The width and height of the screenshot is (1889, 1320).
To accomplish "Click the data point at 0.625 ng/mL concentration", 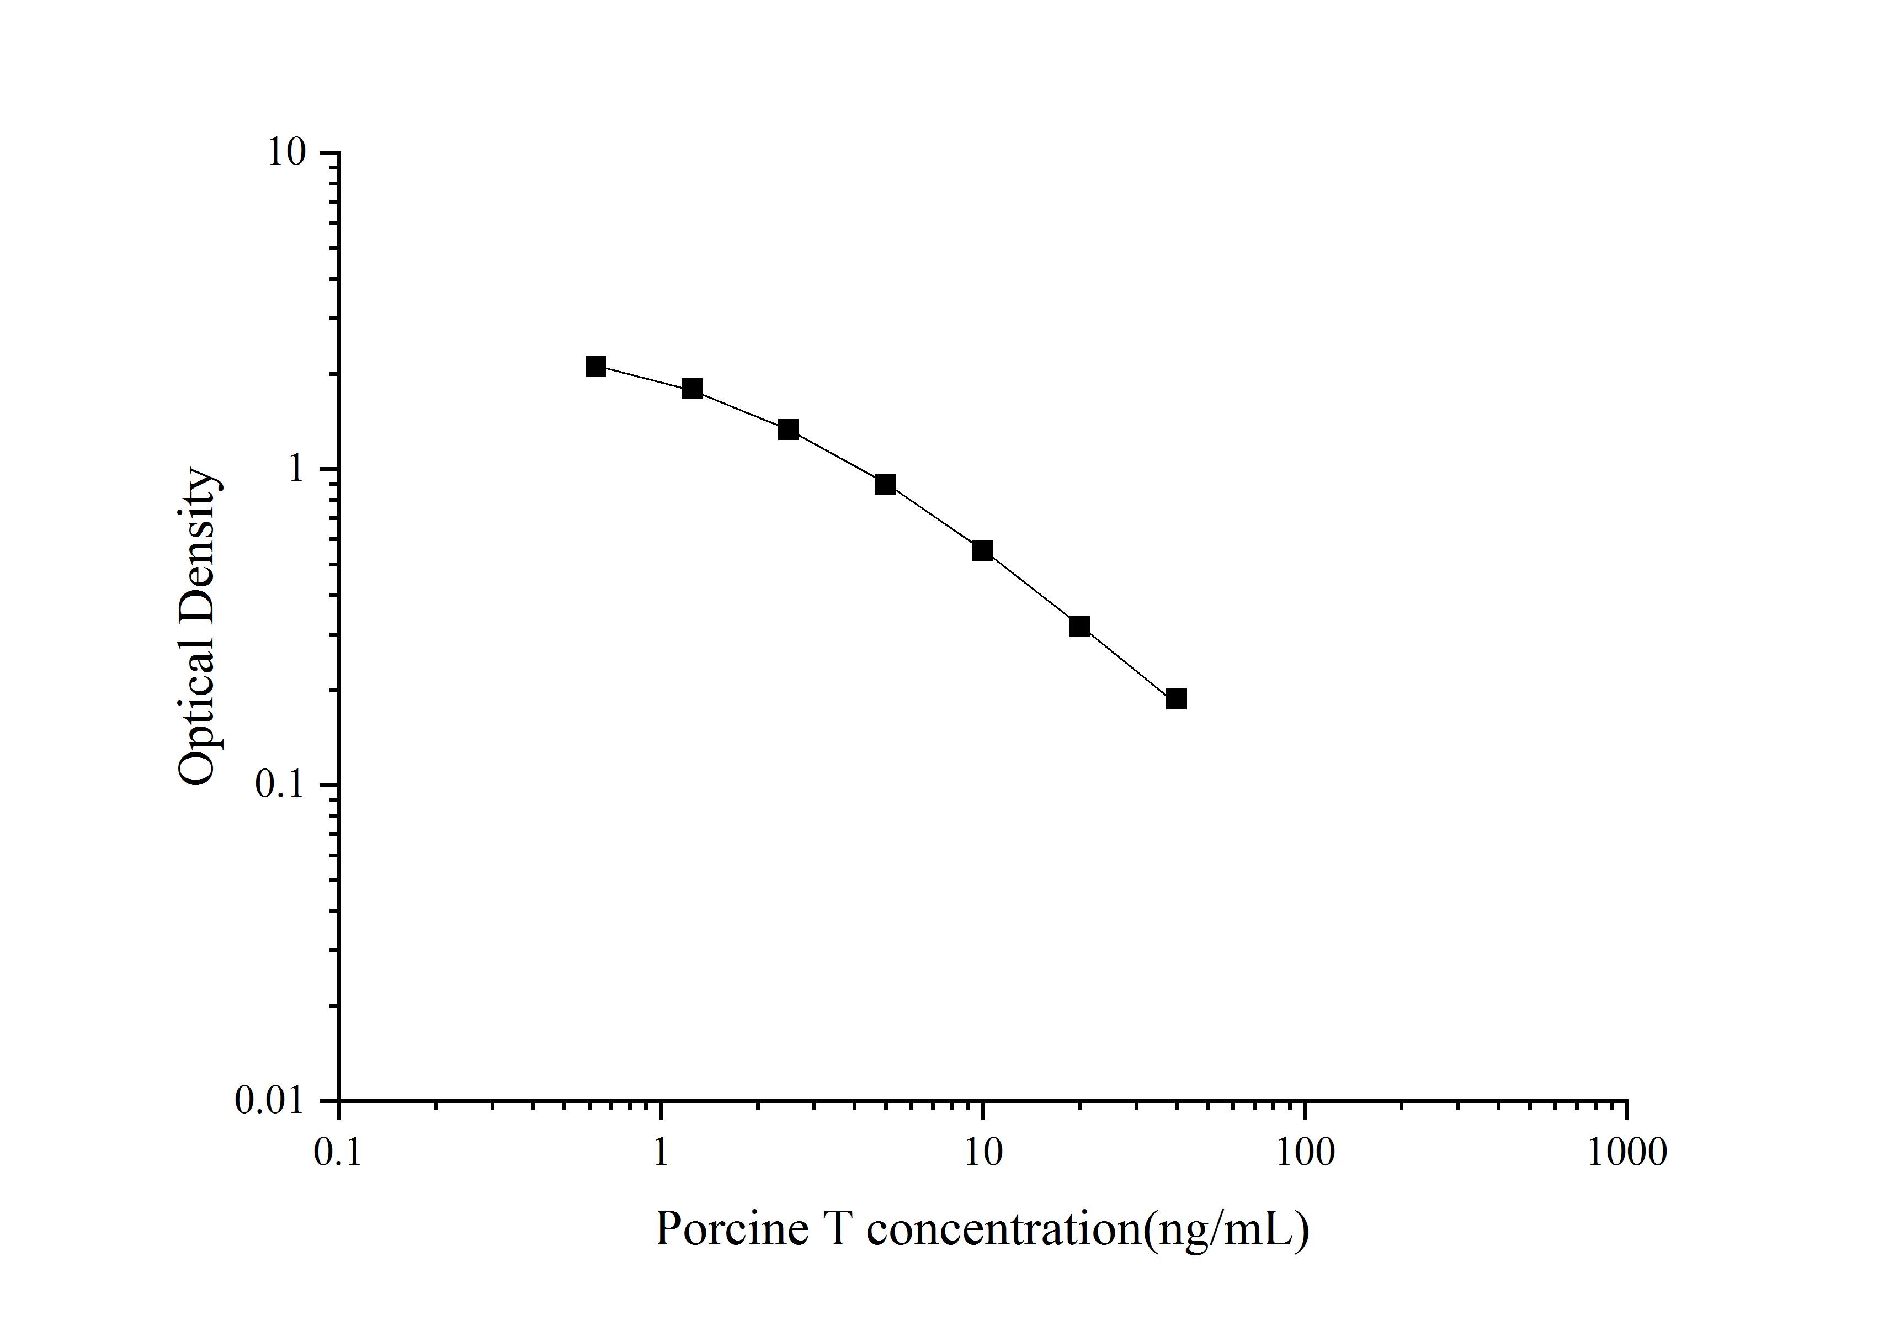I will [x=595, y=367].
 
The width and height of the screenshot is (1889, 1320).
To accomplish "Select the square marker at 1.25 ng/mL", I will [x=692, y=389].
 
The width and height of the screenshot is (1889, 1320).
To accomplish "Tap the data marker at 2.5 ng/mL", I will [x=788, y=430].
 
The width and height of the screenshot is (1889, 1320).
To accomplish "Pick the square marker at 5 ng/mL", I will [x=885, y=484].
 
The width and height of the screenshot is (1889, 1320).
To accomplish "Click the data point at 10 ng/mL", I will [x=982, y=550].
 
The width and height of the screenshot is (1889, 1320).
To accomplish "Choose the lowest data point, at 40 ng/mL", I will [x=1177, y=699].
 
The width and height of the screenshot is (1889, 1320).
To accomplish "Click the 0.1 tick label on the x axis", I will [x=338, y=1152].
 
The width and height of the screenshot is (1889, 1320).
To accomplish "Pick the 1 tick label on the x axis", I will [x=661, y=1152].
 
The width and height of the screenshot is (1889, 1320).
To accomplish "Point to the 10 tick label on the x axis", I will [x=982, y=1152].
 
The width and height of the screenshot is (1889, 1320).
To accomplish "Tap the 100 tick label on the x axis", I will [x=1305, y=1152].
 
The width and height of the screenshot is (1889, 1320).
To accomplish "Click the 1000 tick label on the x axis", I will [x=1626, y=1152].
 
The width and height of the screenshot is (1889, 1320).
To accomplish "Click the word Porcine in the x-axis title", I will [x=731, y=1229].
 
